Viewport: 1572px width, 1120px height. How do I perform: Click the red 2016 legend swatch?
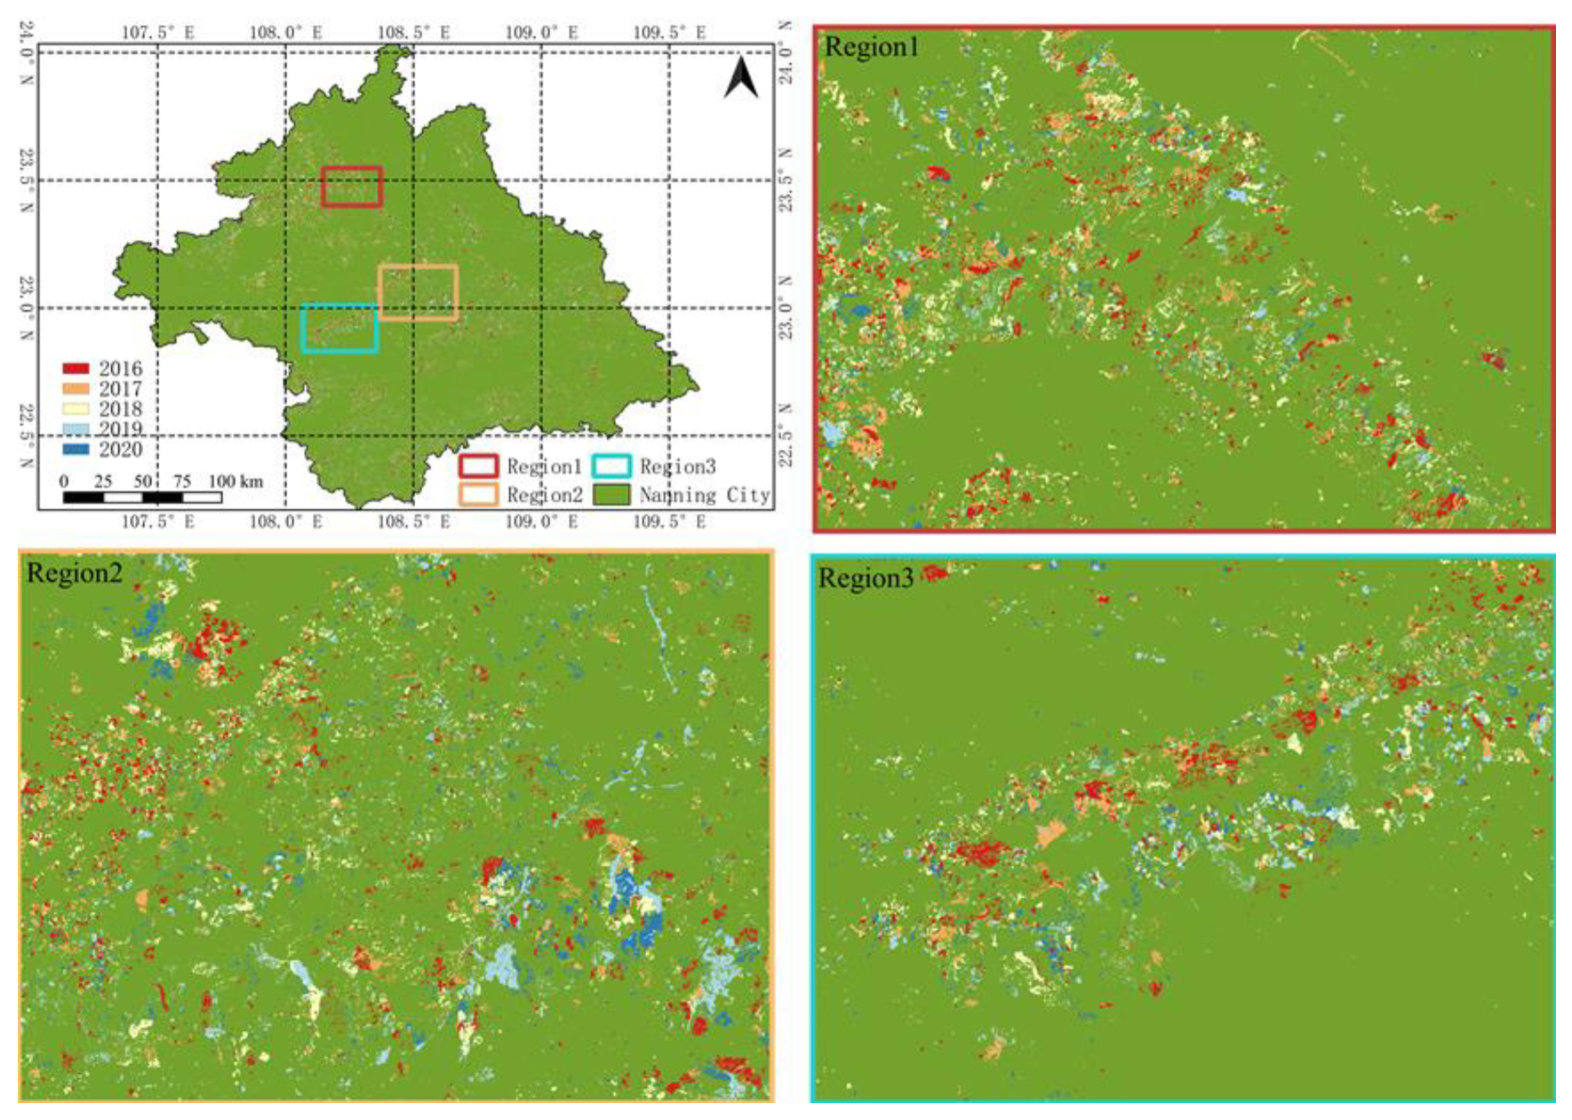tap(76, 369)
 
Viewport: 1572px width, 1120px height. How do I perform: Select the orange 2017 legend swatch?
tap(76, 389)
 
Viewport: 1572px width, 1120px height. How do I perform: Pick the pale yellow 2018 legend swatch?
tap(76, 409)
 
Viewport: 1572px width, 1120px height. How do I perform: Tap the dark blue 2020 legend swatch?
tap(76, 449)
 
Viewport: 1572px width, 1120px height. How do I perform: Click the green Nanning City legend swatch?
tap(612, 494)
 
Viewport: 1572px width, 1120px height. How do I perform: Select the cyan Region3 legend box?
tap(612, 466)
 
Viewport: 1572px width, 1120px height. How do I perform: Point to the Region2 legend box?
tap(477, 494)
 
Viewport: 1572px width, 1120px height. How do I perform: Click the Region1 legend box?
tap(477, 466)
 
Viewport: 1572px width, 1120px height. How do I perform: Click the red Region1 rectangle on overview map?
tap(352, 168)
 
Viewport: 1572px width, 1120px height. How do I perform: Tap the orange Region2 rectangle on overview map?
tap(419, 266)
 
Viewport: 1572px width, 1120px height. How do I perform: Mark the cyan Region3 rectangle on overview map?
tap(339, 306)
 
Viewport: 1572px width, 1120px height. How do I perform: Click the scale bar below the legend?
tap(142, 497)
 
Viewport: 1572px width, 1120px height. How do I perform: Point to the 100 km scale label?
tap(235, 481)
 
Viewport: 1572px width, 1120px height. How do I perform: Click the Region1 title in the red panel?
tap(871, 47)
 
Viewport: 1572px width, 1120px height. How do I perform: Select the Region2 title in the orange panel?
tap(74, 573)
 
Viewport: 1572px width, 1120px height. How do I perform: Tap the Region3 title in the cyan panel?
tap(865, 578)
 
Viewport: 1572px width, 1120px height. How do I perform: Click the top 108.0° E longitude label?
tap(285, 33)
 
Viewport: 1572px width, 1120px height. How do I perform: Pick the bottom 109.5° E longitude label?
tap(669, 521)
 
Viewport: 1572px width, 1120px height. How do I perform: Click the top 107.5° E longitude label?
tap(157, 33)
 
